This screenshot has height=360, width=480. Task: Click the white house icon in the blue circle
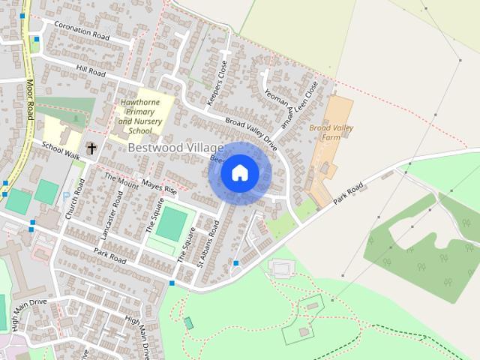click(239, 173)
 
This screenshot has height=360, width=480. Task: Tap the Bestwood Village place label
click(175, 148)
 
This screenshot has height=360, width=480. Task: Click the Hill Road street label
click(91, 70)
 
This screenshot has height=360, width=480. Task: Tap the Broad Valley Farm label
click(331, 133)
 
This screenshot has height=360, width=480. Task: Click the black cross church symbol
click(91, 148)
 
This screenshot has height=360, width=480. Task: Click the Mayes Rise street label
click(159, 189)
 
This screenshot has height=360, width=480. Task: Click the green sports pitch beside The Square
click(172, 223)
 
